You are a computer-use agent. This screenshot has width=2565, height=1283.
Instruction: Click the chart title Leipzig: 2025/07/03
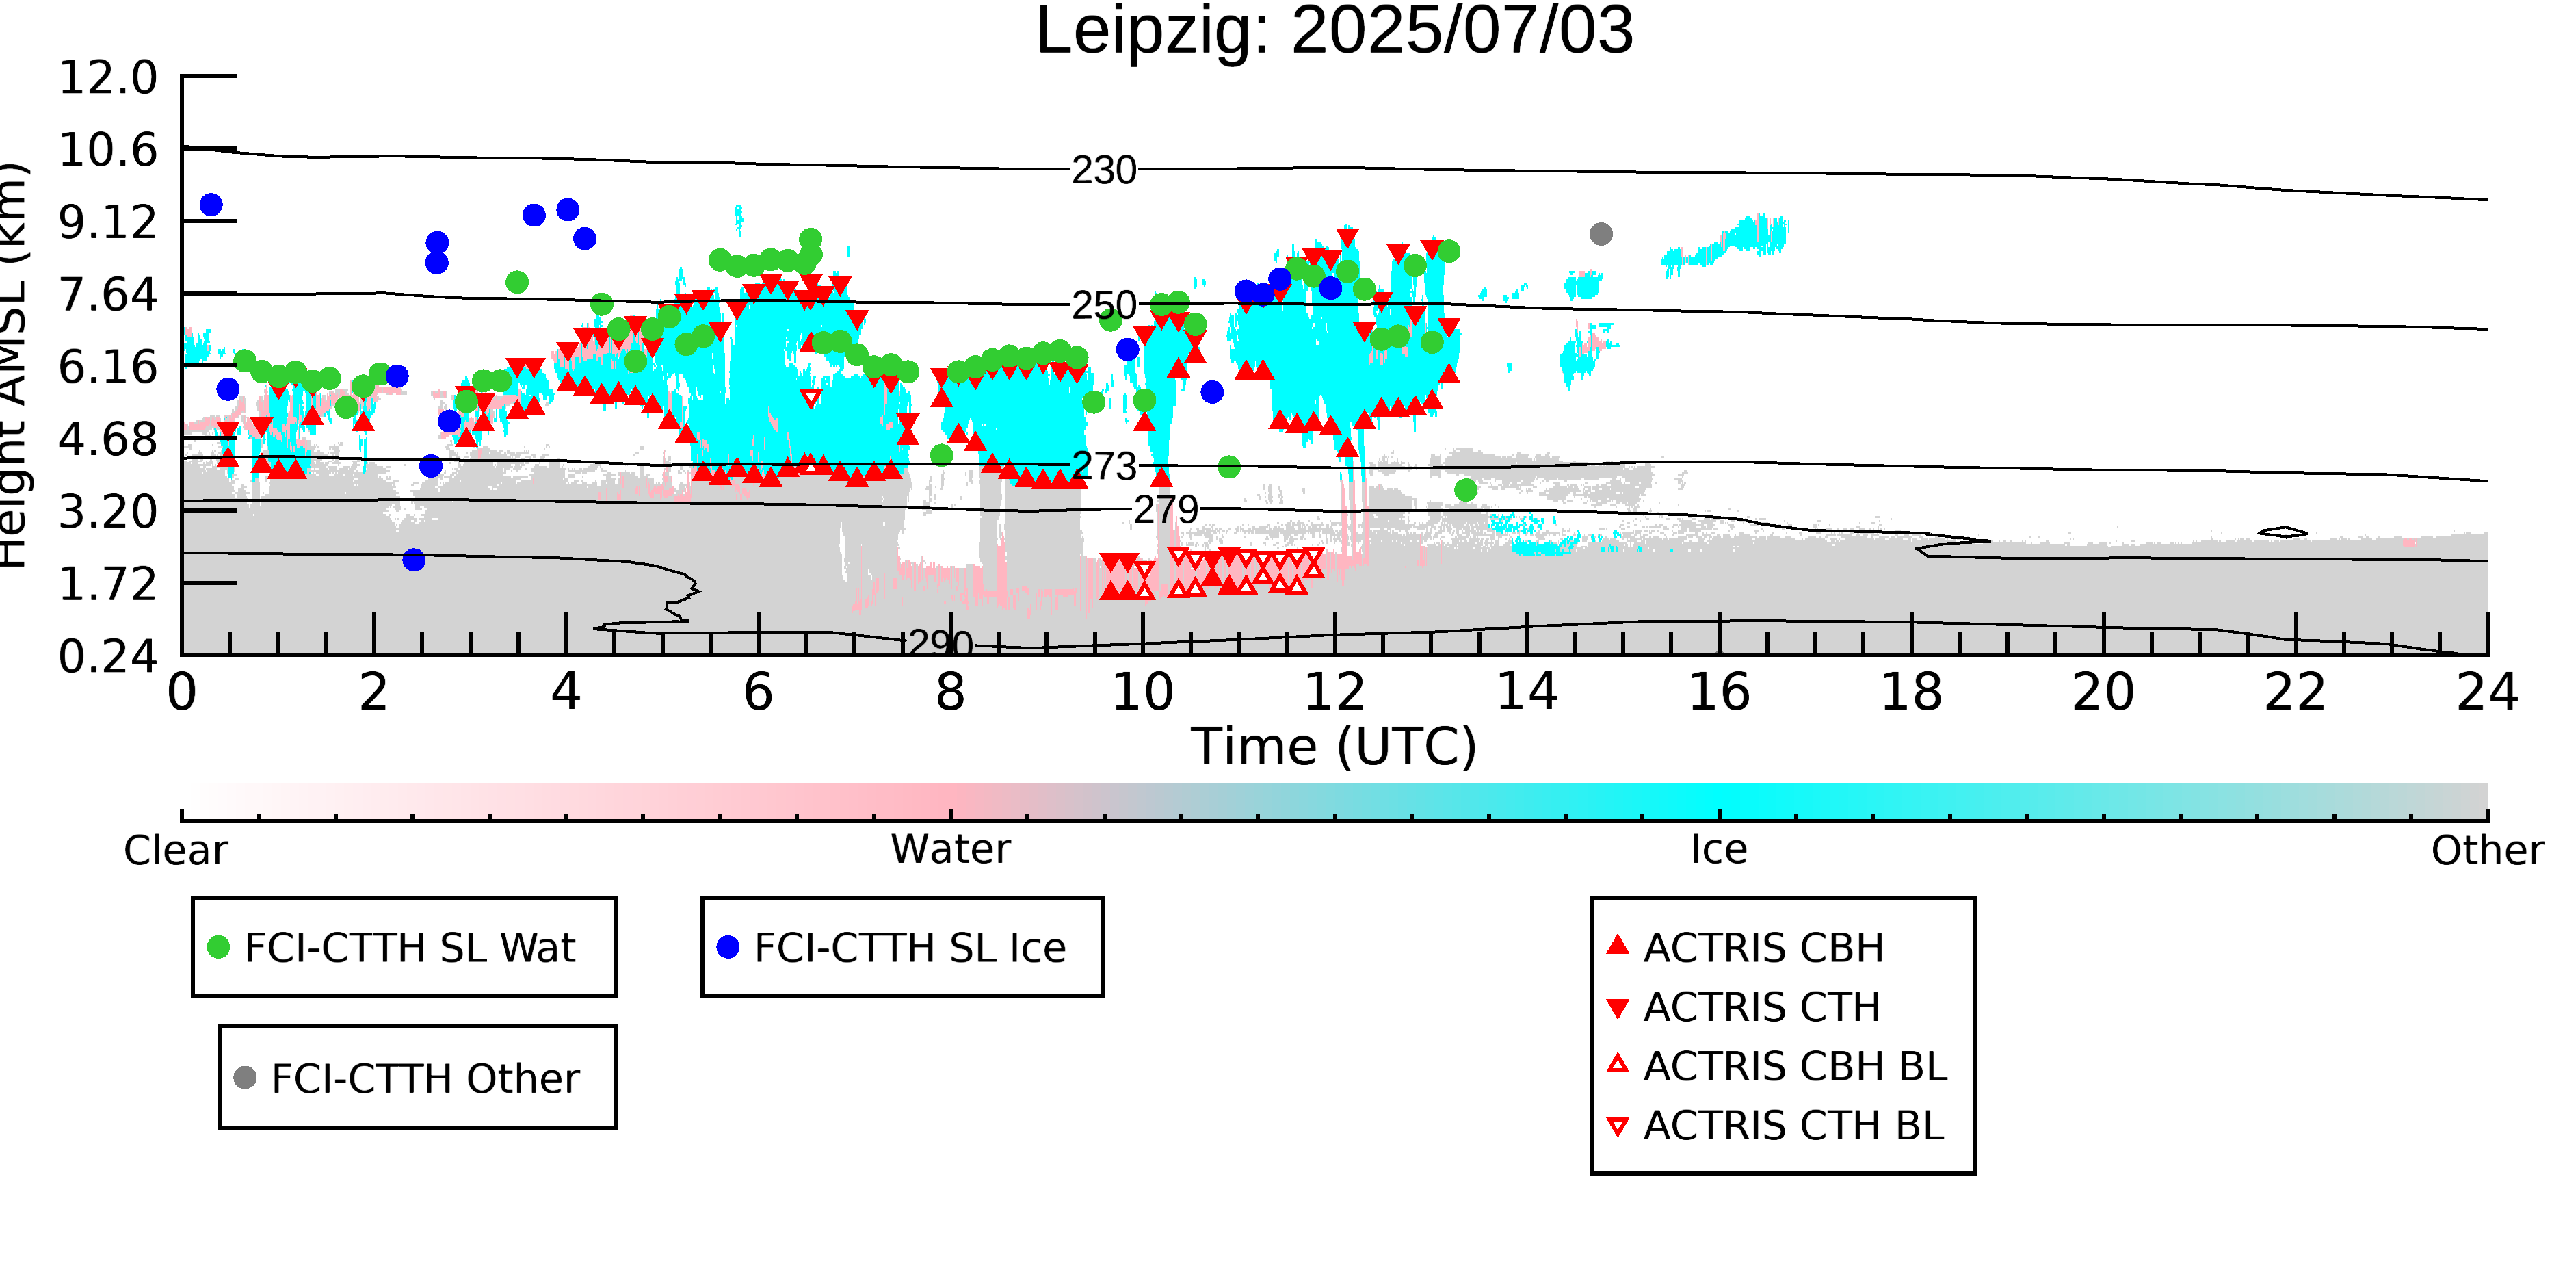(1334, 32)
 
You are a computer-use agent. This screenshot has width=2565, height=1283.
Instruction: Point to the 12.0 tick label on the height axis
(107, 78)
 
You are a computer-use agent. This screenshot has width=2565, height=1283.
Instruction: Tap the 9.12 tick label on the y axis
(107, 222)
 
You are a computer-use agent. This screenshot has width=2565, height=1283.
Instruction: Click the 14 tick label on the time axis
(1527, 692)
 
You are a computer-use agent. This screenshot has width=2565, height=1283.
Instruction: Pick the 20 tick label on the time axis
(2103, 692)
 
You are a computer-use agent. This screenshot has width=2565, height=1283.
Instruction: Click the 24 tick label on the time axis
(2487, 692)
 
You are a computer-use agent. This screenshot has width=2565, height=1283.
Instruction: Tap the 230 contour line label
(1104, 171)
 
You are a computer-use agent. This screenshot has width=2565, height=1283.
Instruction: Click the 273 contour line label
(1104, 466)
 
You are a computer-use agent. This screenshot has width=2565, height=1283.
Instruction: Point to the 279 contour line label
(1167, 510)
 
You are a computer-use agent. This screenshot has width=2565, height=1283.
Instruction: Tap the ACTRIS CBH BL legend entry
(1778, 1066)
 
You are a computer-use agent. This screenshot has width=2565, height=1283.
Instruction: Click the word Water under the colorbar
(951, 850)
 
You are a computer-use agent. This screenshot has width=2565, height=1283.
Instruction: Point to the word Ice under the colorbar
(1719, 850)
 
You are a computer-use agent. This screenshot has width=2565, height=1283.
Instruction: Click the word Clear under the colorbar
(176, 851)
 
